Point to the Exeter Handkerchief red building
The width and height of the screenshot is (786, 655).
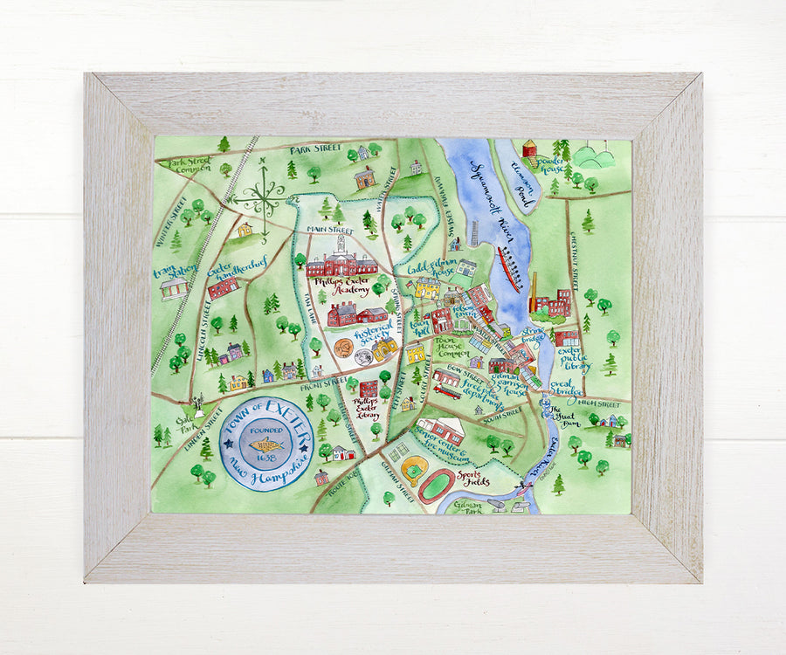point(224,286)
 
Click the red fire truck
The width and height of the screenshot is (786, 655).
point(447,393)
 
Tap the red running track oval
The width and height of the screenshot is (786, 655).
point(437,486)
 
